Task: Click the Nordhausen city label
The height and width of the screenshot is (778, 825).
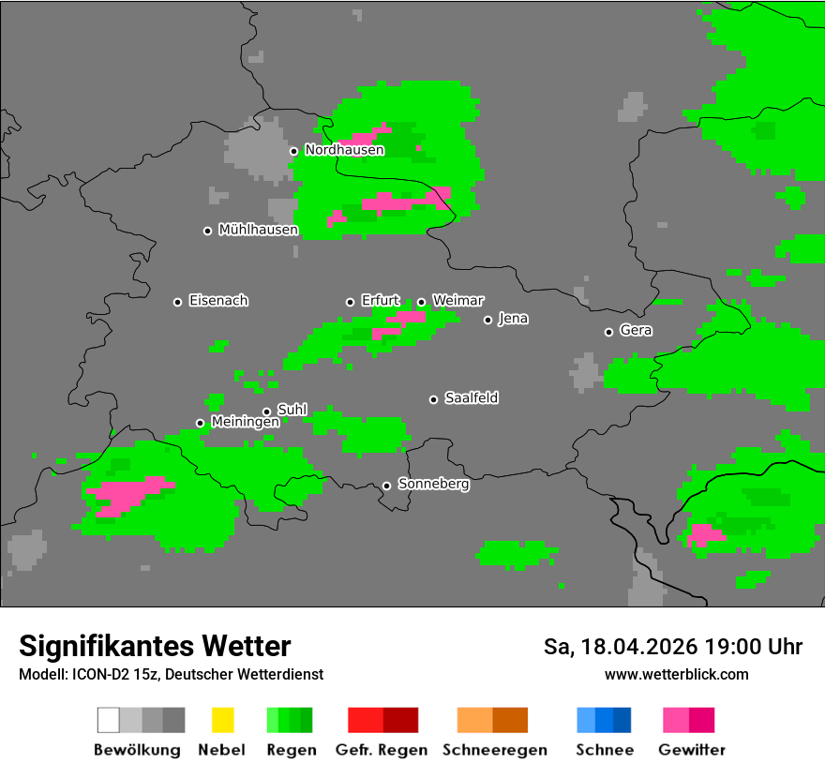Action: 344,150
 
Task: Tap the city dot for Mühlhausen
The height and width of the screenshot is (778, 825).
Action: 208,231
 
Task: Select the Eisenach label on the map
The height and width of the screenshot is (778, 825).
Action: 218,301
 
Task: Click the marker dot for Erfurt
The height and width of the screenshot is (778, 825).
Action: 351,302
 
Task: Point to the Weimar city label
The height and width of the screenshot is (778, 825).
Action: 457,301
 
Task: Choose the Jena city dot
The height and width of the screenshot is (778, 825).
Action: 487,320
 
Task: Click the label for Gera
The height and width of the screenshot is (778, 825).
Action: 636,331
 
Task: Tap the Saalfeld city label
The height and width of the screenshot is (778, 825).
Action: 471,398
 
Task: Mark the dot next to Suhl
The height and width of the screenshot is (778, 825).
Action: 267,411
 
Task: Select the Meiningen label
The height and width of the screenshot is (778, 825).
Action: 245,423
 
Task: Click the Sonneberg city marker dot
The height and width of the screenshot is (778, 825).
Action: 386,486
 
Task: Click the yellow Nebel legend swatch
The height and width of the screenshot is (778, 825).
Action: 222,720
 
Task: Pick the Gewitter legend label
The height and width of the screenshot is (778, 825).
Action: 691,750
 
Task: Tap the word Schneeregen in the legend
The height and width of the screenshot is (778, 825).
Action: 494,750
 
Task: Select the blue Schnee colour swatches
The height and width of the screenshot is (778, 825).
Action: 604,720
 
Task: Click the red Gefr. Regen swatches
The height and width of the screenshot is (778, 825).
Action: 382,720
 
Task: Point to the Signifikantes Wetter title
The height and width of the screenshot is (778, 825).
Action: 155,647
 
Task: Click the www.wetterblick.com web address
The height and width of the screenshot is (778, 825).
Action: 676,675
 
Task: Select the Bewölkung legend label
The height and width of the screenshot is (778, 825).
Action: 137,750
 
